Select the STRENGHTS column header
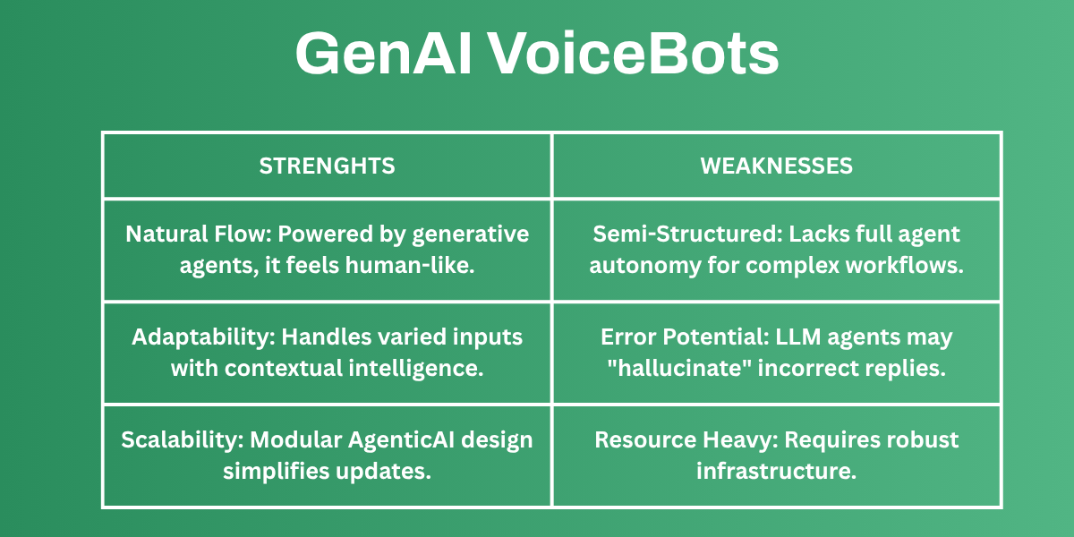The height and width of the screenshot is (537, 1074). (327, 166)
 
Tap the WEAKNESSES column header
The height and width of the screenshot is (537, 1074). (776, 166)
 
